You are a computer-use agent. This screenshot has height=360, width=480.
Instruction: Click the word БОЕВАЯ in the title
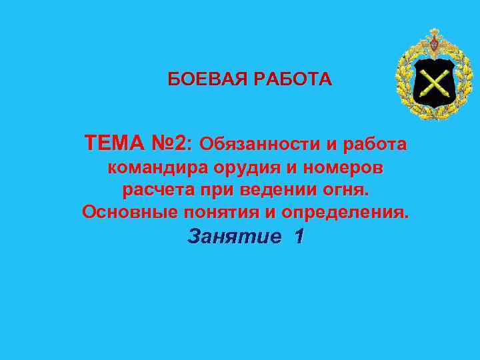(207, 80)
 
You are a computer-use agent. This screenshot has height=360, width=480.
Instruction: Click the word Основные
(125, 213)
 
